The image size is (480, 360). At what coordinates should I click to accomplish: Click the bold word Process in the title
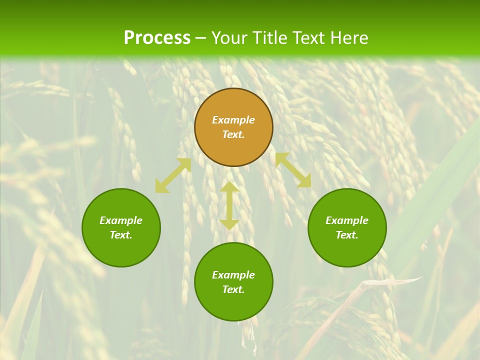157,38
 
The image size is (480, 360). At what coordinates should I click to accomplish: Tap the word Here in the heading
348,38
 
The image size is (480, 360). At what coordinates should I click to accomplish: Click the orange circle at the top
233,102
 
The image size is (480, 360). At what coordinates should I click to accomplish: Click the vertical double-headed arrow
229,205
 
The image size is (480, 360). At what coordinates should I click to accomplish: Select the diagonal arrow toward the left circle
173,175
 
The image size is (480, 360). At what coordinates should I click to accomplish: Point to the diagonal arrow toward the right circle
293,170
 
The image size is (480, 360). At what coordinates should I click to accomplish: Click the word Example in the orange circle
233,120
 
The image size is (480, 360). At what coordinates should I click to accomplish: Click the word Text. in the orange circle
233,134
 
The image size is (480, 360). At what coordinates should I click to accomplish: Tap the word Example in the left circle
121,220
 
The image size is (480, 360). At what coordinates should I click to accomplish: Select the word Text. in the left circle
121,235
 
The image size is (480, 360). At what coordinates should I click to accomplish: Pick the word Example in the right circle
347,220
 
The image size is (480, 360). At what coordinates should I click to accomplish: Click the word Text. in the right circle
347,235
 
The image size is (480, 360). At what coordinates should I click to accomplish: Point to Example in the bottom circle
233,275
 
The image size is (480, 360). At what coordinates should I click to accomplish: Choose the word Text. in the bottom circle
233,289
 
